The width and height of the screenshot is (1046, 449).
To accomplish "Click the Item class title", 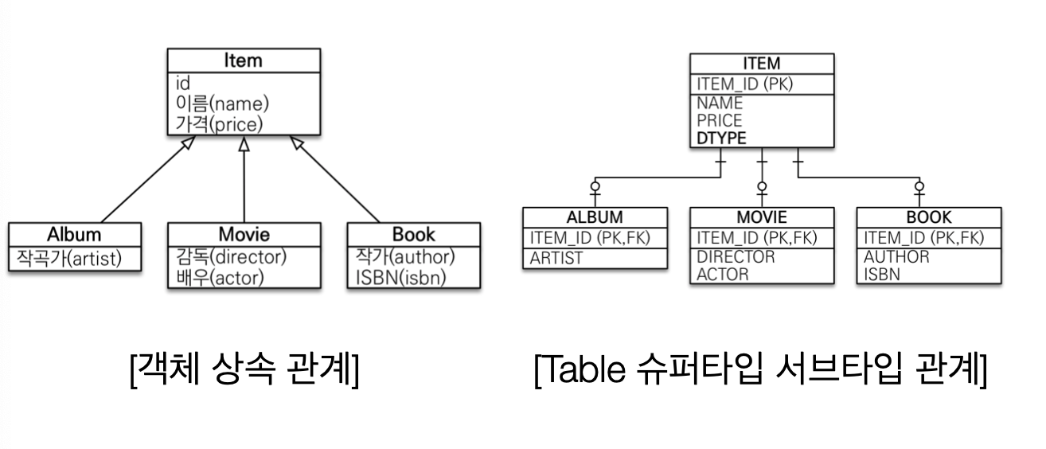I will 243,61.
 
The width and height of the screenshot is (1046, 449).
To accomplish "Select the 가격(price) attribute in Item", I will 219,123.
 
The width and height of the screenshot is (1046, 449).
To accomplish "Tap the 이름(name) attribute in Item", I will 223,103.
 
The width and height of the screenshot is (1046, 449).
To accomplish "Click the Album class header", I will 74,234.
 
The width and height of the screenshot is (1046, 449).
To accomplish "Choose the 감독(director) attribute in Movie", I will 231,257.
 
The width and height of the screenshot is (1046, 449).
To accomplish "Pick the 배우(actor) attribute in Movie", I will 220,277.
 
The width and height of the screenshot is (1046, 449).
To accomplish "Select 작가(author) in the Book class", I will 405,257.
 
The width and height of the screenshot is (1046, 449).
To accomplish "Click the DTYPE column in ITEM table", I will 721,139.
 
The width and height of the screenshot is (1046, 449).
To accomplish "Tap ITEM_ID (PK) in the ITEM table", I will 744,84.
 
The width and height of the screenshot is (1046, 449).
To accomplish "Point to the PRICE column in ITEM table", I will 720,121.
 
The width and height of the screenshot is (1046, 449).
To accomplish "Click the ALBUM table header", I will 594,217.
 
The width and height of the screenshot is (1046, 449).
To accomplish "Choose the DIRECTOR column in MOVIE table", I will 736,257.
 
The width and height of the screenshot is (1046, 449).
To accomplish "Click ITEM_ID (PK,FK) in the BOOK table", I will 923,237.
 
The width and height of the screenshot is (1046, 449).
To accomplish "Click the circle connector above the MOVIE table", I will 762,187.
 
